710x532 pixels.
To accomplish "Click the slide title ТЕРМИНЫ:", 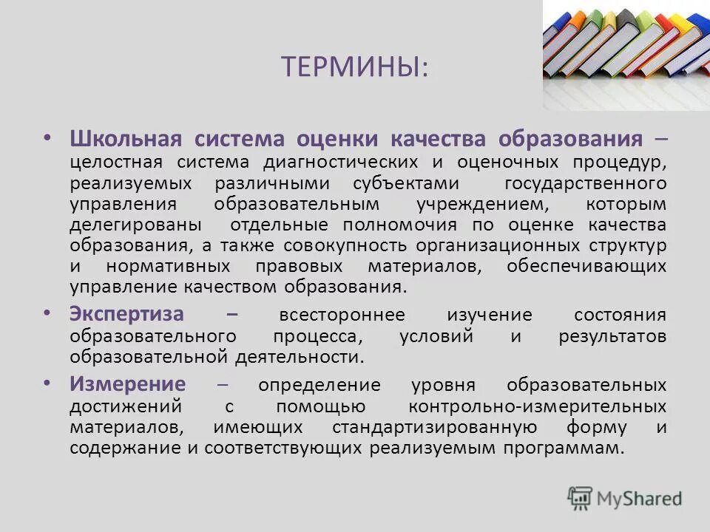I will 354,67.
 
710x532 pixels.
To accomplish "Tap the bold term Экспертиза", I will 126,313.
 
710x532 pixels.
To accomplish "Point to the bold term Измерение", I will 128,384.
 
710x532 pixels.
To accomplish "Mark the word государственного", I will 586,183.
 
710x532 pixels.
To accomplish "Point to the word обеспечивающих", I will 586,266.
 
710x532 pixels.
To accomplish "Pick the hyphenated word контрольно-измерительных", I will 537,406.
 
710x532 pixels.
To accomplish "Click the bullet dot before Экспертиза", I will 47,313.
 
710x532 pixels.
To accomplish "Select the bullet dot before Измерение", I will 47,384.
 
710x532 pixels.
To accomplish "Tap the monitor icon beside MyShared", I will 580,498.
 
